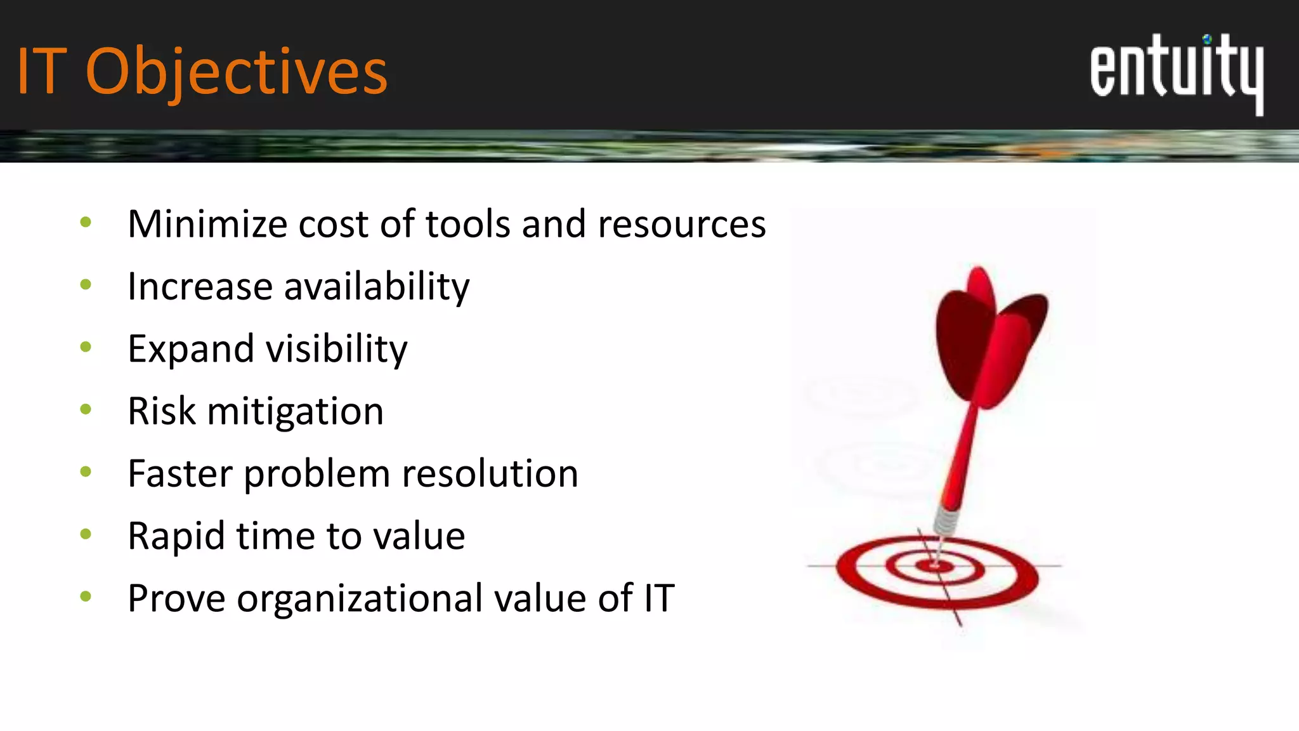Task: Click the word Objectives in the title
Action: pyautogui.click(x=236, y=73)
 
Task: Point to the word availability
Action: pyautogui.click(x=377, y=287)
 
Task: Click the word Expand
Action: pyautogui.click(x=190, y=349)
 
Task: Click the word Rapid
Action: pyautogui.click(x=176, y=536)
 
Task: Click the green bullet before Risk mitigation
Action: pyautogui.click(x=86, y=409)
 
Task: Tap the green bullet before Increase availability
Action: pyautogui.click(x=86, y=284)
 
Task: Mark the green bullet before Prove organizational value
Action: pyautogui.click(x=86, y=596)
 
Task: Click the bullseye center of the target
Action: pyautogui.click(x=936, y=565)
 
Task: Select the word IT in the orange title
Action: pyautogui.click(x=41, y=73)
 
